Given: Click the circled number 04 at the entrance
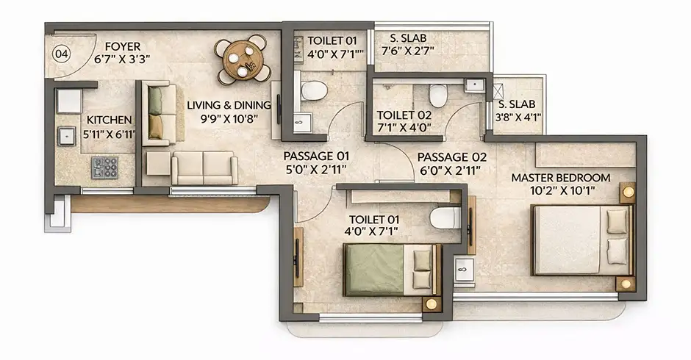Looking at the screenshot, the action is [61, 54].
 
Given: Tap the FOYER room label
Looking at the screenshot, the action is [123, 46].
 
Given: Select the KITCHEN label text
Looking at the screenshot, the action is [109, 120].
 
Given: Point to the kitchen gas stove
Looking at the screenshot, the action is [105, 168].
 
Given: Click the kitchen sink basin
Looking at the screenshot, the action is [67, 136].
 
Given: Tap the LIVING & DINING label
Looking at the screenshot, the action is [229, 105].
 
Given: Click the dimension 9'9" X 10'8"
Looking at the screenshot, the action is [229, 119].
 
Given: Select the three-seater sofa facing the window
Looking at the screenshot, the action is [204, 168].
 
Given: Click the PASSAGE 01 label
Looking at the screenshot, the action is [316, 156].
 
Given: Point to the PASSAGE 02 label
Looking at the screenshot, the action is [451, 157].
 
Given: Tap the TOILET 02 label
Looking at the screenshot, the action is [404, 115].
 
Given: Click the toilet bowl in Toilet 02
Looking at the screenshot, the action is [438, 96].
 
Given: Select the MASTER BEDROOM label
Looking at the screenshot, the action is [561, 178].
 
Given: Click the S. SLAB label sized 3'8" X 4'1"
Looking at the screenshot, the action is [517, 104].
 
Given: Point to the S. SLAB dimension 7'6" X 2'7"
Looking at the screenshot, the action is [408, 51].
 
